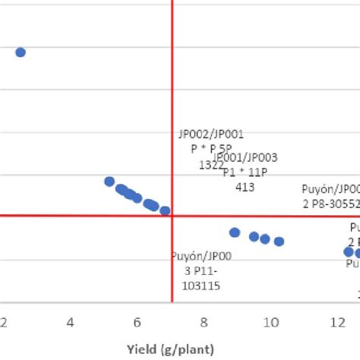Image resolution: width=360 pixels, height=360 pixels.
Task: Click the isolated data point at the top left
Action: pyautogui.click(x=21, y=52)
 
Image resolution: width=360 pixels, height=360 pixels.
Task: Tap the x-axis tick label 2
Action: pyautogui.click(x=4, y=322)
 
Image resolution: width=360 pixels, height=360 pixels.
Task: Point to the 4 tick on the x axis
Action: pyautogui.click(x=71, y=322)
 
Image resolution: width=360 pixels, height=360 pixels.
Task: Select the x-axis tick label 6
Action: pyautogui.click(x=137, y=322)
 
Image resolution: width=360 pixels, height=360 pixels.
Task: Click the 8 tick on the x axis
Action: pyautogui.click(x=204, y=322)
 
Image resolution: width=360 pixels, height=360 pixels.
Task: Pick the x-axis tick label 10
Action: pyautogui.click(x=270, y=322)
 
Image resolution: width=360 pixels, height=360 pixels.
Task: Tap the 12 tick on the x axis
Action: pyautogui.click(x=337, y=322)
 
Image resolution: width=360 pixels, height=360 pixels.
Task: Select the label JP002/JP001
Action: pyautogui.click(x=211, y=134)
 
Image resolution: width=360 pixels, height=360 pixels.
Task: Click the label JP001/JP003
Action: pyautogui.click(x=245, y=158)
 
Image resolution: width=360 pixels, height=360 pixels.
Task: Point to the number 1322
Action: pyautogui.click(x=211, y=164)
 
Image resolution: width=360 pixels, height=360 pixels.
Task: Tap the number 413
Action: pyautogui.click(x=245, y=186)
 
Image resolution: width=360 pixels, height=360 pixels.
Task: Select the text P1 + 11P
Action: pyautogui.click(x=245, y=172)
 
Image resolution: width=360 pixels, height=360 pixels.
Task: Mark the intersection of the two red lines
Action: pyautogui.click(x=173, y=216)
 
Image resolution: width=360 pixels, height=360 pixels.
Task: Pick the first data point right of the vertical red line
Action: pyautogui.click(x=235, y=232)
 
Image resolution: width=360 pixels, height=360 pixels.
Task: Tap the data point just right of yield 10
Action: pyautogui.click(x=279, y=242)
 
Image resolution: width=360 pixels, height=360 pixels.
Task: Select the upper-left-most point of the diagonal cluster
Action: pyautogui.click(x=109, y=182)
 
